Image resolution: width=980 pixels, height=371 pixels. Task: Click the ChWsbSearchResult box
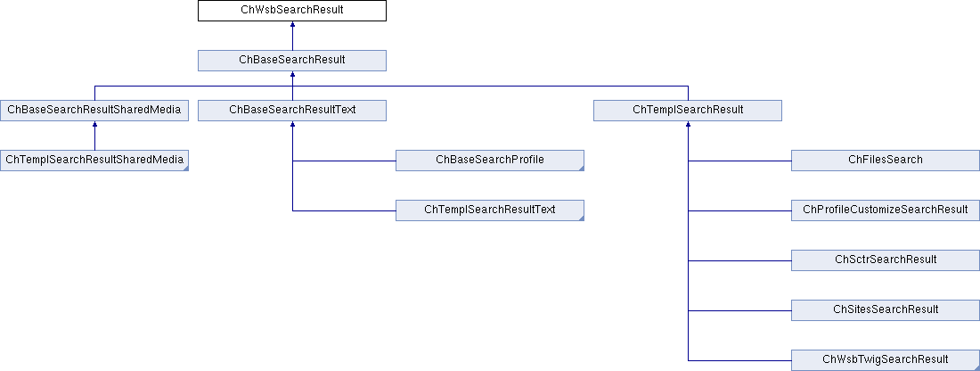tap(292, 11)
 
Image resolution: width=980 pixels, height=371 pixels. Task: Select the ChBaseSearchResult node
tap(292, 60)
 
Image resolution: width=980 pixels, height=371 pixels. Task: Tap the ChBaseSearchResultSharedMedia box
tap(94, 110)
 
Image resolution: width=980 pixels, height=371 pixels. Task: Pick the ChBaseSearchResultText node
tap(292, 110)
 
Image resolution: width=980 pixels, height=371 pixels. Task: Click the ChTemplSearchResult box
tap(688, 110)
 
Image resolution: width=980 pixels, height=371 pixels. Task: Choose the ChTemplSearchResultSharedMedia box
tap(94, 161)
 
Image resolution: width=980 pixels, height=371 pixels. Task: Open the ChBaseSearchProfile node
tap(489, 161)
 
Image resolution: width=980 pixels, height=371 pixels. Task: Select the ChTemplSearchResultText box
tap(489, 210)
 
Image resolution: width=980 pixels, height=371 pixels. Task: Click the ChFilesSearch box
tap(885, 161)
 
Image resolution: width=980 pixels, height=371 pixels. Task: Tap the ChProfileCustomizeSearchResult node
tap(885, 210)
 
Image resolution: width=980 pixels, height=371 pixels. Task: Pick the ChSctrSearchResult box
tap(885, 260)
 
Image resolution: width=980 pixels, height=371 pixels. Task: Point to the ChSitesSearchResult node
tap(885, 310)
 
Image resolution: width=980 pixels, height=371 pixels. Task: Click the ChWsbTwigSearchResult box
tap(885, 360)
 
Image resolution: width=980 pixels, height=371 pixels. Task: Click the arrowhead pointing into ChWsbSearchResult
tap(292, 24)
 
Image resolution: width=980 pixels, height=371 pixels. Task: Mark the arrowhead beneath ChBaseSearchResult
tap(292, 74)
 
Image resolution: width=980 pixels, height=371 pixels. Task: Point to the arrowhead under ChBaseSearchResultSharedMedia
tap(94, 125)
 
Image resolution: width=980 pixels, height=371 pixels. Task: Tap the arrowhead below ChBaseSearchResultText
tap(292, 125)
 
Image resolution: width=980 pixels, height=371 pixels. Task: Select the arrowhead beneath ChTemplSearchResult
tap(688, 125)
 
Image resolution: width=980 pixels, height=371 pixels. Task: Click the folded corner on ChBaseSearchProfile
tap(581, 168)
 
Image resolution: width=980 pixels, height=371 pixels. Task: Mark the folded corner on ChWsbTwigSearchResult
tap(976, 367)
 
